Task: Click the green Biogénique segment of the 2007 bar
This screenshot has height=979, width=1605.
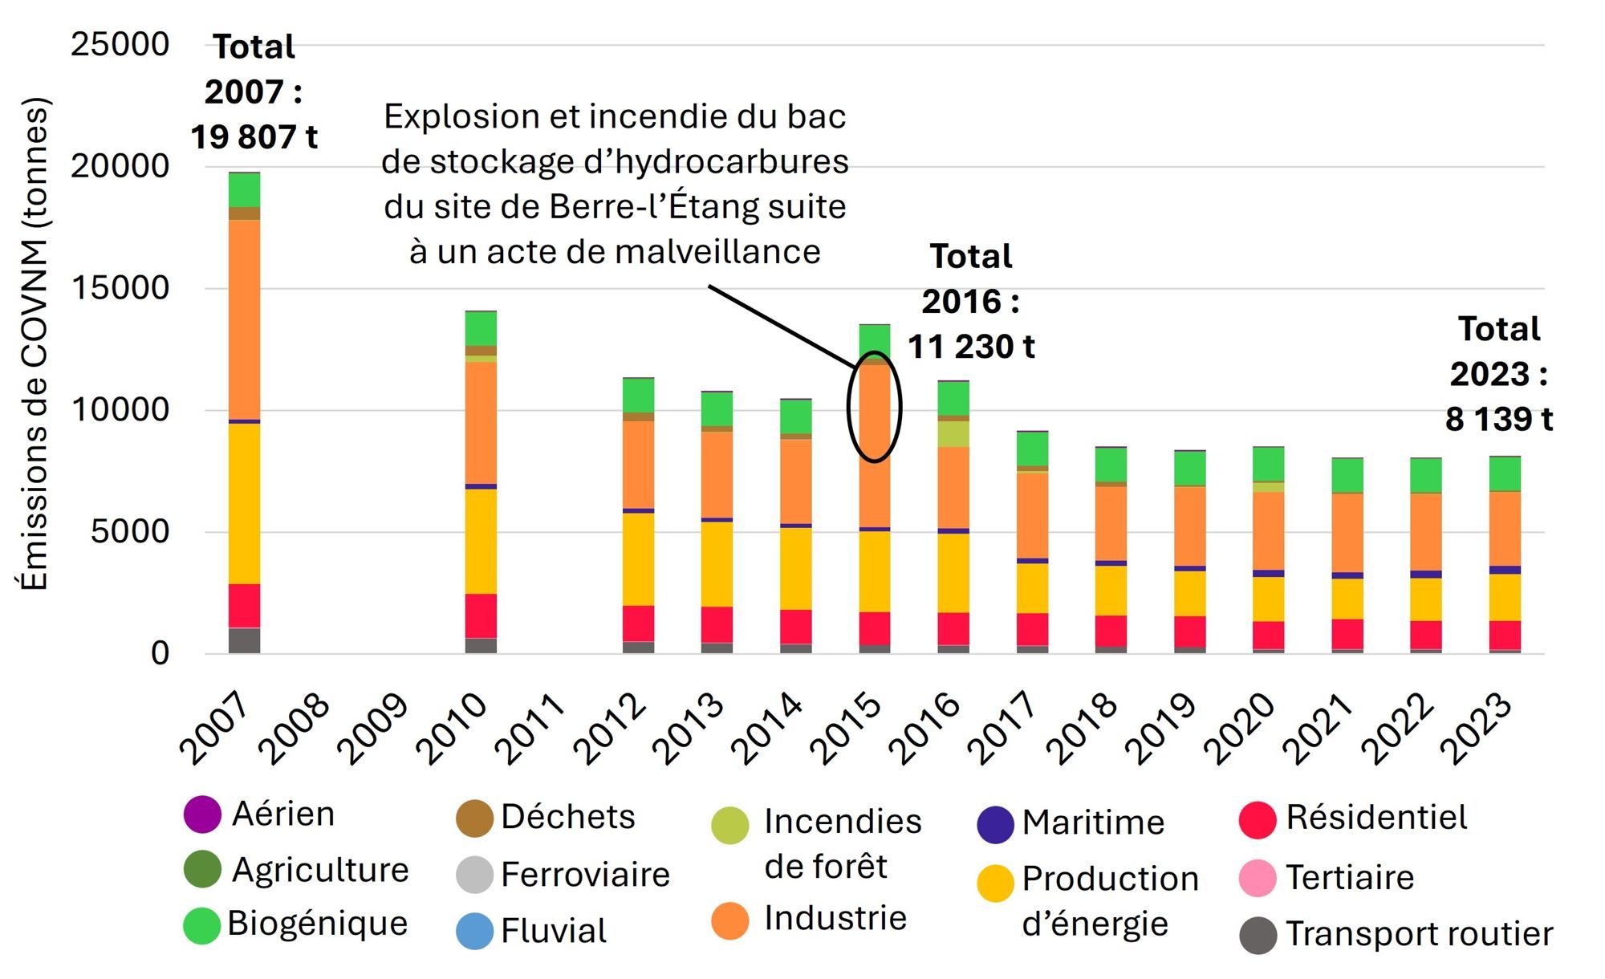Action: (x=244, y=190)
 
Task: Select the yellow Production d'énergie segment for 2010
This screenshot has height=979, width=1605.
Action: (x=481, y=542)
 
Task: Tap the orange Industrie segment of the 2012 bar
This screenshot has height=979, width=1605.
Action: (x=638, y=465)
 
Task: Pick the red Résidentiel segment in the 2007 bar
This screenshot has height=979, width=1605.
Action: (x=244, y=606)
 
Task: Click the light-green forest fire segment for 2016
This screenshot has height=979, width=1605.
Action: (x=953, y=434)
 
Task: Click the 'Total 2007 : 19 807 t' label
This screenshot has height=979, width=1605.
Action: (x=254, y=92)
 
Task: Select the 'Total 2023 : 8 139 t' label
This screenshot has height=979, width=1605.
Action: (x=1498, y=374)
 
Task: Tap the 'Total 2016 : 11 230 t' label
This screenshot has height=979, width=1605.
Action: (x=971, y=302)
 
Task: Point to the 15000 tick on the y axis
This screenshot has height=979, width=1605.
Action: (x=120, y=288)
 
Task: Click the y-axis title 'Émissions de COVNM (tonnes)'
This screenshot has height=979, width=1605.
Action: (x=35, y=345)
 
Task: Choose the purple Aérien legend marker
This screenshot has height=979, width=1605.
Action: (x=202, y=814)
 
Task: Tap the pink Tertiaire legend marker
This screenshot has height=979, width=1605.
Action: (x=1258, y=878)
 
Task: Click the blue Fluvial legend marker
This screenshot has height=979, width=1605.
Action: (x=474, y=931)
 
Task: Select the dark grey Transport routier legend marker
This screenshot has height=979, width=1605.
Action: (x=1258, y=935)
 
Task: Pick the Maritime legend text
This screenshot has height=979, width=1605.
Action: (x=1093, y=823)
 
